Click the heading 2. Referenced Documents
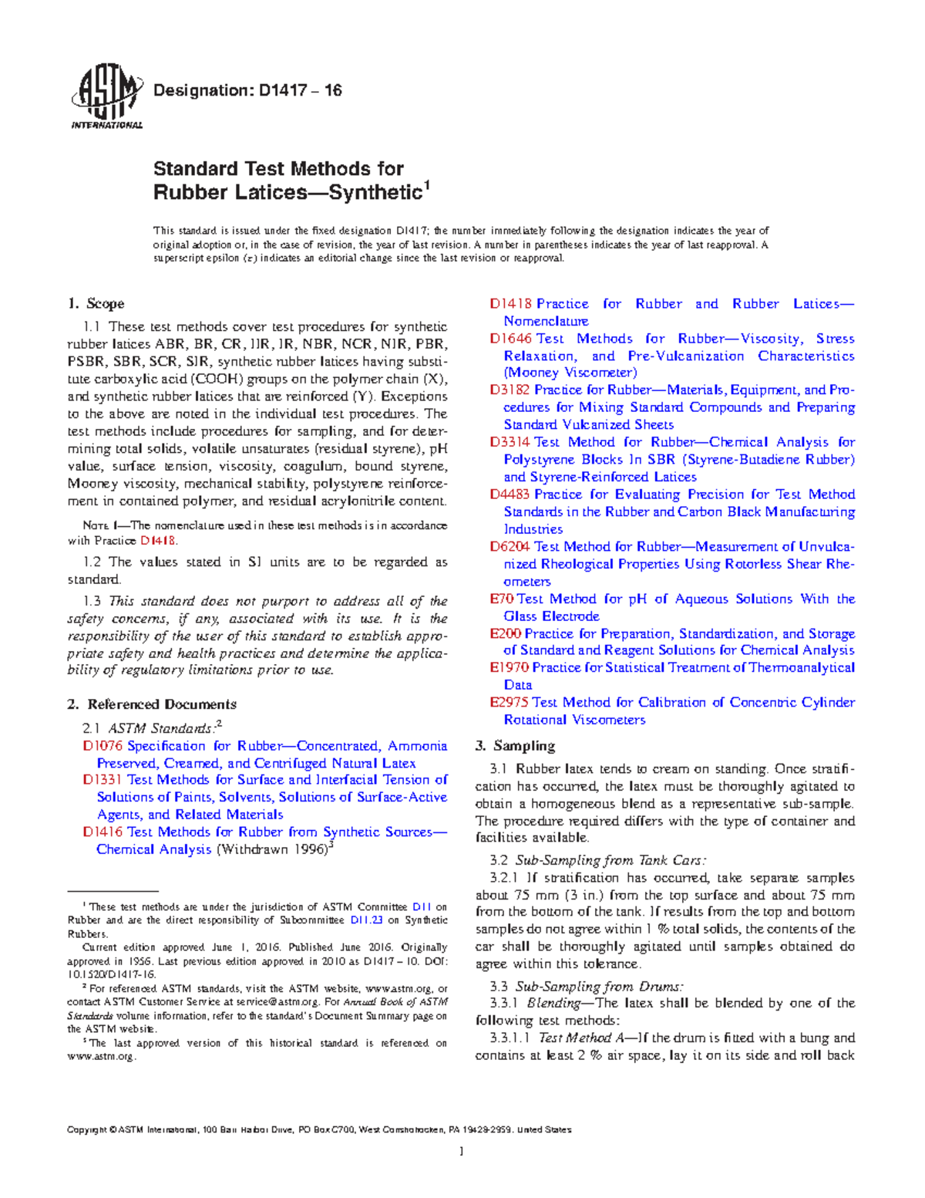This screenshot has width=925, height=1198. pyautogui.click(x=152, y=704)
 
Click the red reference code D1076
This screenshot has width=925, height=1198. pyautogui.click(x=102, y=746)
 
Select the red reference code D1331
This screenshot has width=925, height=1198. pyautogui.click(x=102, y=780)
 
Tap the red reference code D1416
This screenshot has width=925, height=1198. pyautogui.click(x=102, y=832)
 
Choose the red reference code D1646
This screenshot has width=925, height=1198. pyautogui.click(x=510, y=339)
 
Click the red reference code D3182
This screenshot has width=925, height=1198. pyautogui.click(x=510, y=390)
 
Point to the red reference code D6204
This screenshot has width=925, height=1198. pyautogui.click(x=510, y=547)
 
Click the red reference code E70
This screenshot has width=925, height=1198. pyautogui.click(x=501, y=599)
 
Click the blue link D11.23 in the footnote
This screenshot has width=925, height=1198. pyautogui.click(x=366, y=920)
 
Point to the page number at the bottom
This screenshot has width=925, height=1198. pyautogui.click(x=461, y=1152)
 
